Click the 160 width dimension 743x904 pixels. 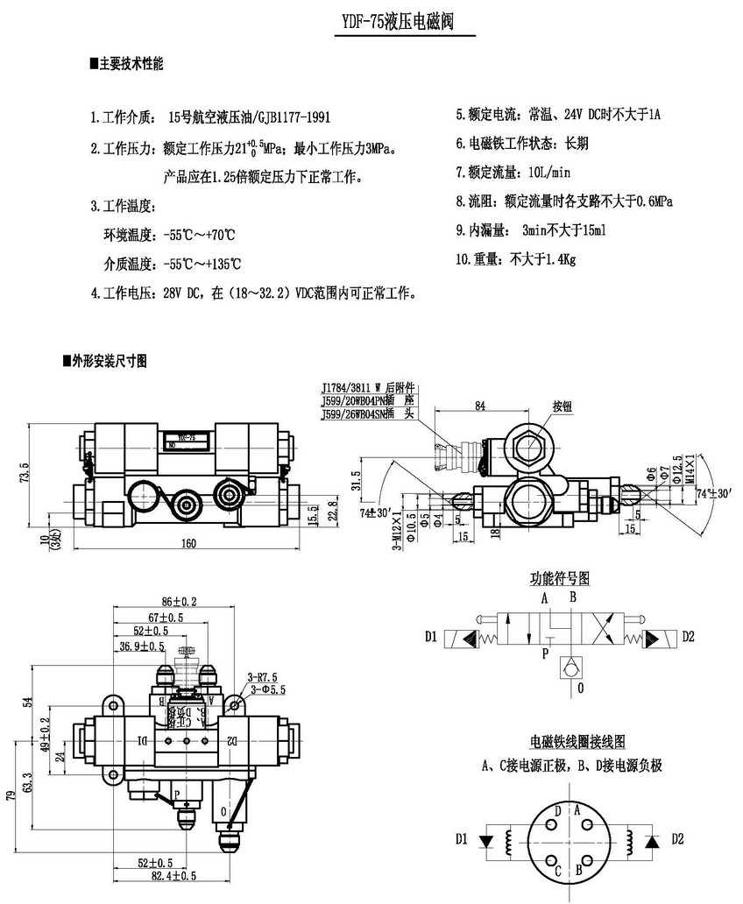coord(188,543)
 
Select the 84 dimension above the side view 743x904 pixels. coord(479,405)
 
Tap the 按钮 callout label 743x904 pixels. coord(562,406)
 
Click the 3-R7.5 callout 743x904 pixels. coord(263,677)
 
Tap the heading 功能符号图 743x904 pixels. coord(559,578)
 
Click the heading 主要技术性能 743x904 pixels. coord(131,64)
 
